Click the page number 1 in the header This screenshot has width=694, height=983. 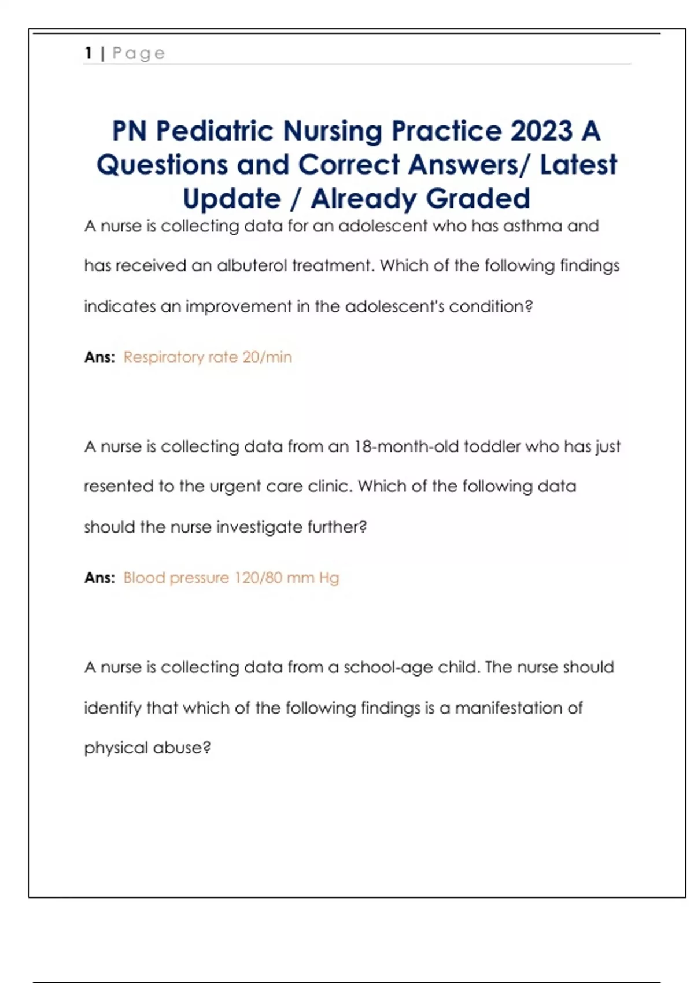pos(88,53)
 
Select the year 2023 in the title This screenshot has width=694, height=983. pos(541,131)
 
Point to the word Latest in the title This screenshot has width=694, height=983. pos(578,165)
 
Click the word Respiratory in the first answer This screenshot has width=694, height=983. pos(164,357)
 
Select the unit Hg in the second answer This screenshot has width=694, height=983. pos(328,578)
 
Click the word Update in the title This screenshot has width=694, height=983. pos(232,199)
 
